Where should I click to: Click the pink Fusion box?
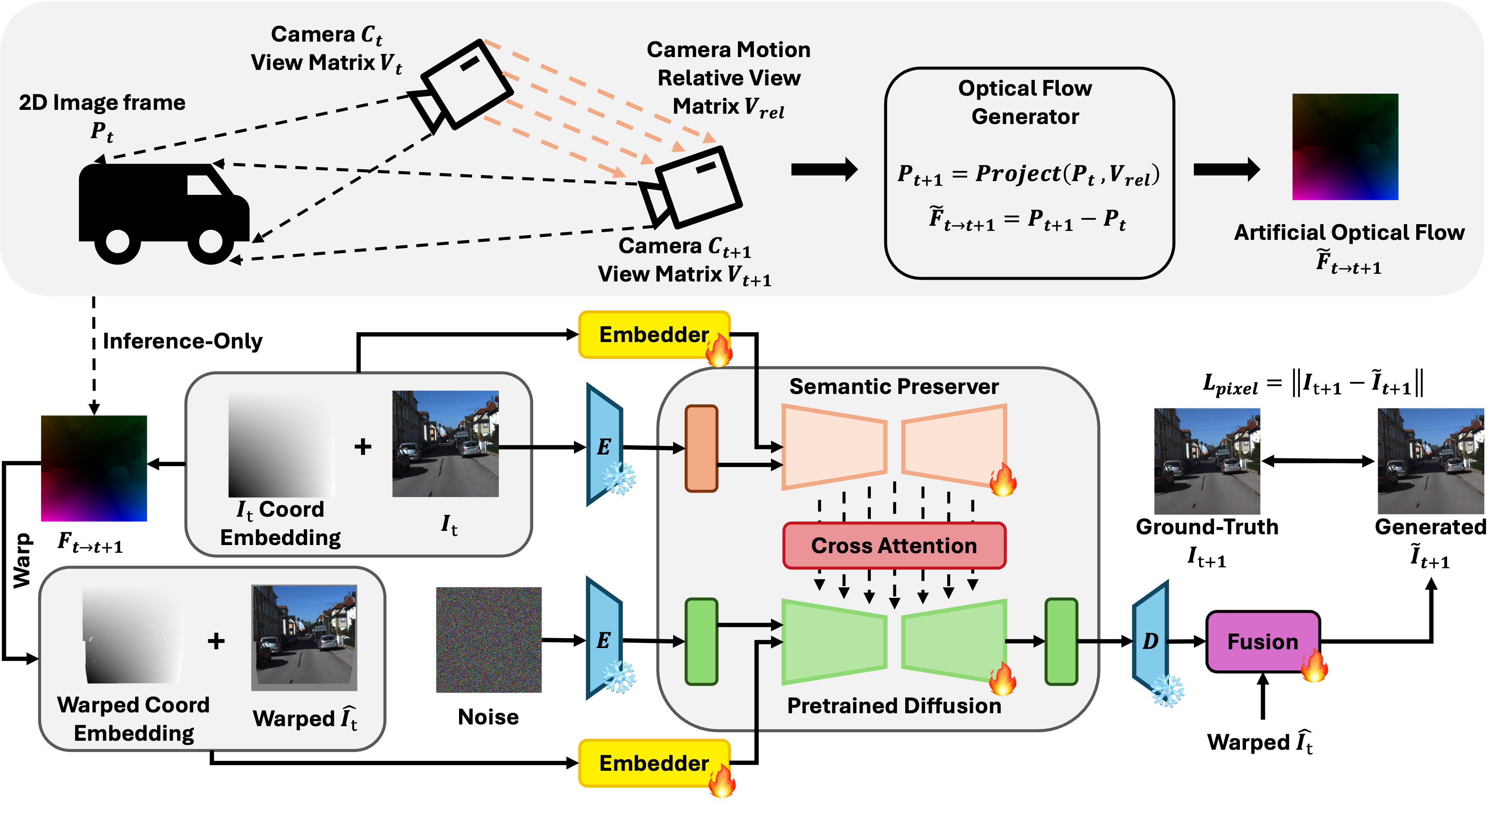(x=1262, y=642)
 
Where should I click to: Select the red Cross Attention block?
(x=894, y=545)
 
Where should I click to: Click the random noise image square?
(x=489, y=639)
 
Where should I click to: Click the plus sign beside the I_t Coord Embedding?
(x=363, y=447)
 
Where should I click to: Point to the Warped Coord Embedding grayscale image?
(x=133, y=636)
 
